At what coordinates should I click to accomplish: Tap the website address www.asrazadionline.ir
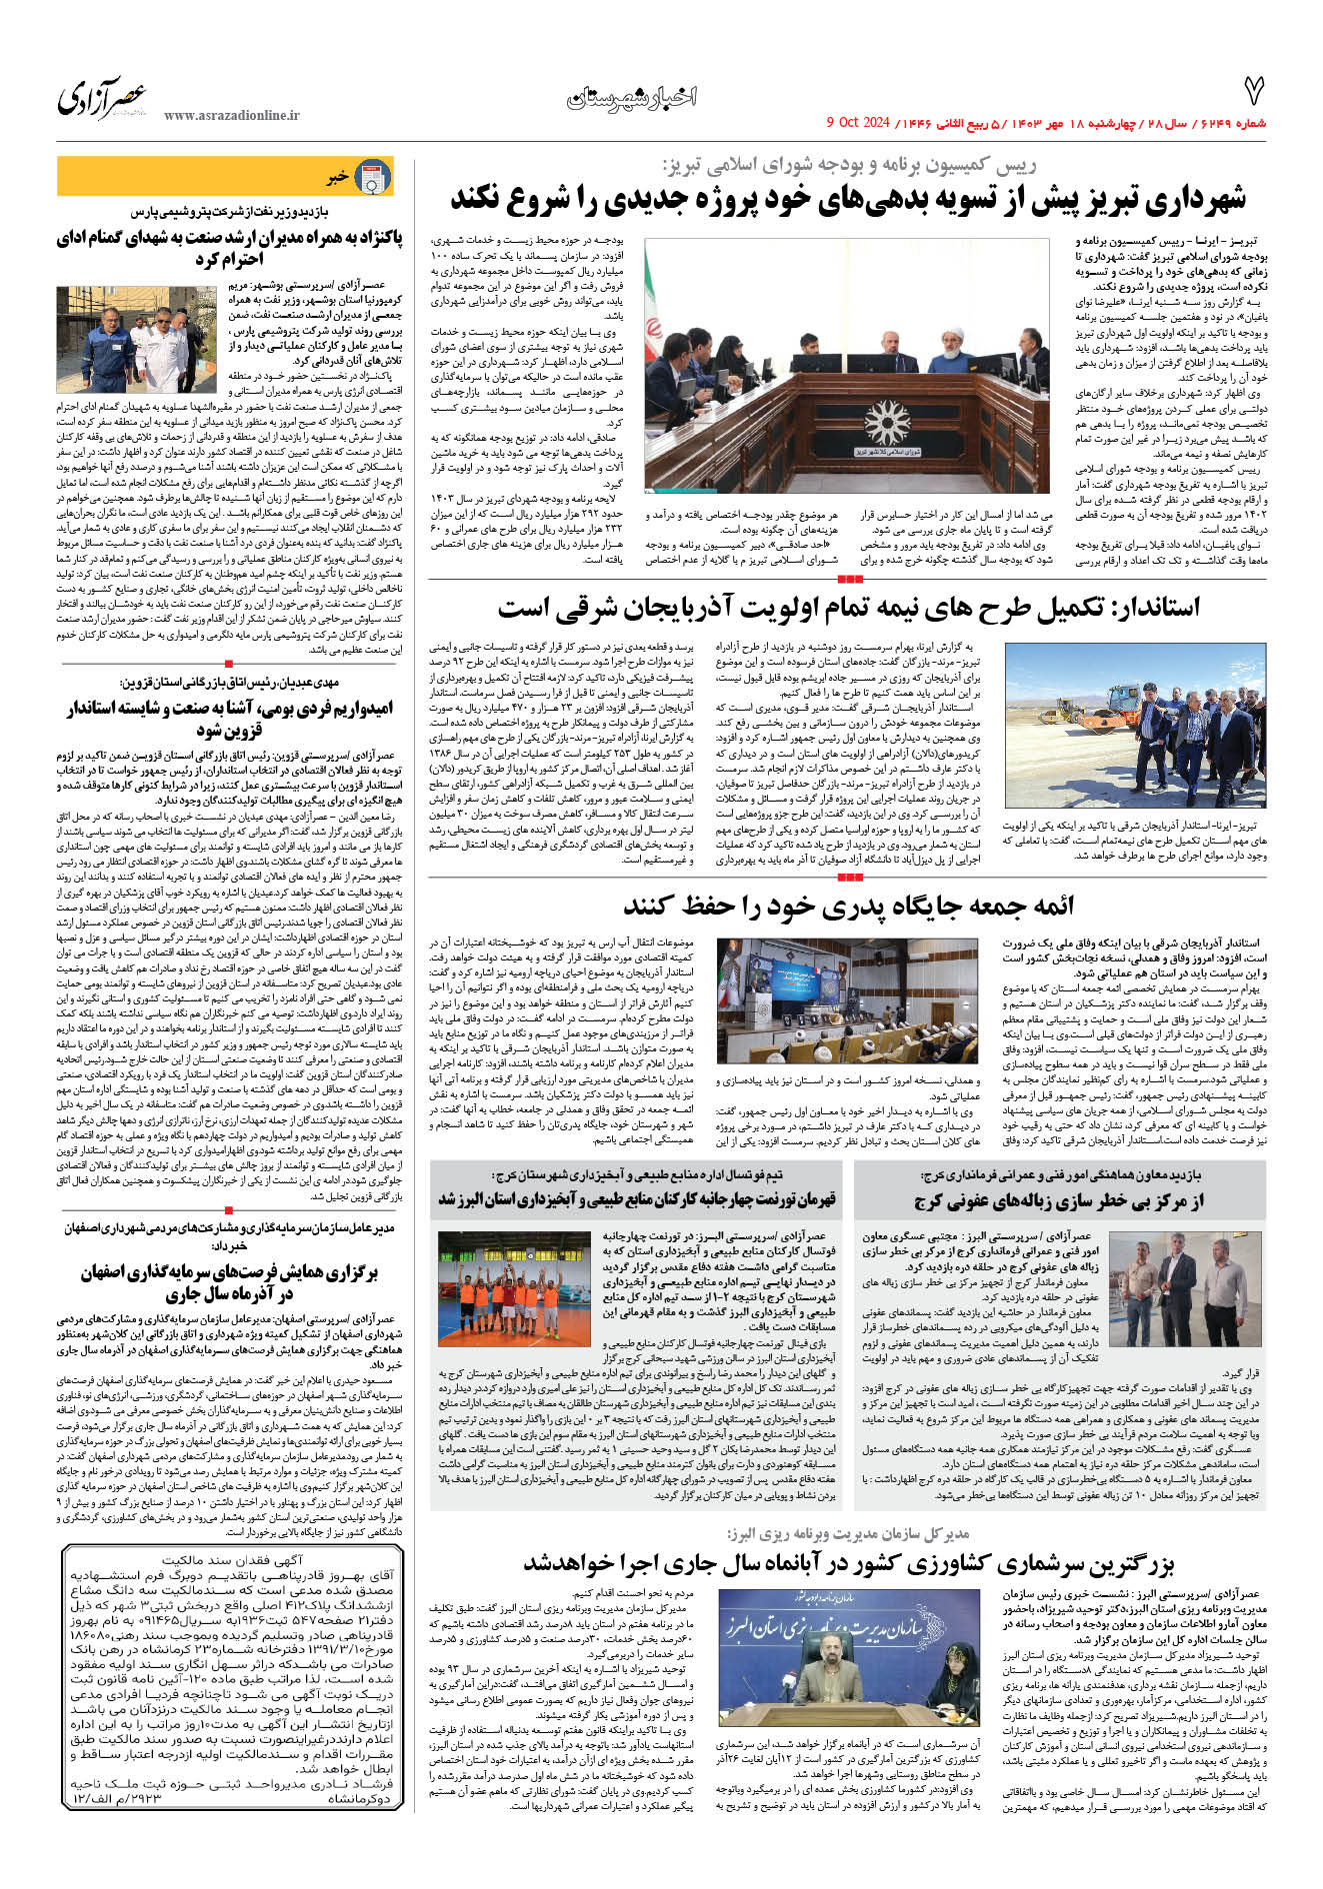(x=231, y=116)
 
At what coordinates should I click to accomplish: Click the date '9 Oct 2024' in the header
(x=857, y=123)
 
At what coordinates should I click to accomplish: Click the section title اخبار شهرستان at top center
(x=632, y=97)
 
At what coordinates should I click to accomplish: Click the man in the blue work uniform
(x=109, y=345)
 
